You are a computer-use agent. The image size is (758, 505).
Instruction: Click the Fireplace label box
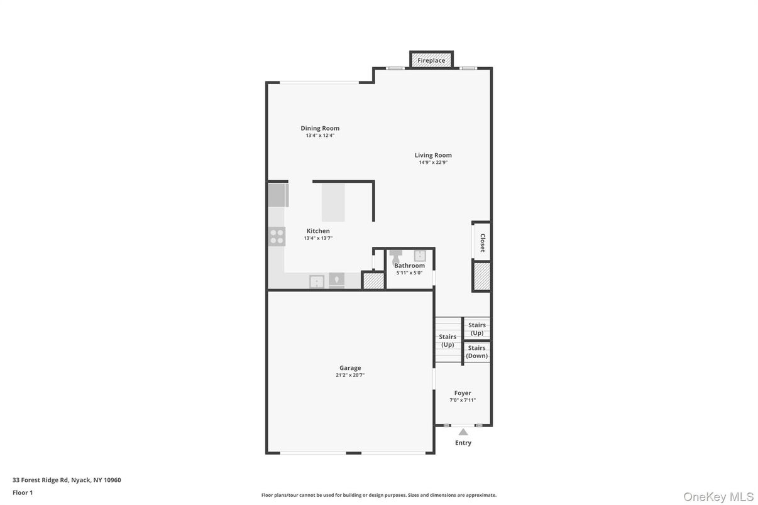pyautogui.click(x=431, y=60)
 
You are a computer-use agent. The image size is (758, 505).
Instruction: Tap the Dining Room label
pyautogui.click(x=320, y=128)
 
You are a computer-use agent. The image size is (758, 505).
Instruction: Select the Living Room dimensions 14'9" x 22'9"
pyautogui.click(x=433, y=163)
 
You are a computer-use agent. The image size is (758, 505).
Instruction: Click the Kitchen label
pyautogui.click(x=318, y=231)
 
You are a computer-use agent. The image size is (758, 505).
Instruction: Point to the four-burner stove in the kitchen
pyautogui.click(x=277, y=237)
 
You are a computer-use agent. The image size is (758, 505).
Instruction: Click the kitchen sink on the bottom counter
pyautogui.click(x=317, y=281)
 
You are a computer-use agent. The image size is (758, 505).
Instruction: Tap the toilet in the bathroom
pyautogui.click(x=396, y=256)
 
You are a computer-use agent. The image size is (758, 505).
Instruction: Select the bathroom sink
pyautogui.click(x=419, y=255)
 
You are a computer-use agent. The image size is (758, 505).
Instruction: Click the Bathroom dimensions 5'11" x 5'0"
pyautogui.click(x=409, y=273)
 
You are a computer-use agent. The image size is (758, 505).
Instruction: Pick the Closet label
pyautogui.click(x=482, y=242)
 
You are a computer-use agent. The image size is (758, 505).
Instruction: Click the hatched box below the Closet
pyautogui.click(x=482, y=276)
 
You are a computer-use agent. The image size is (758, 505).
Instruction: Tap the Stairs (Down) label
pyautogui.click(x=476, y=352)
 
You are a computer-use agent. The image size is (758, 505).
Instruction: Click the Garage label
pyautogui.click(x=350, y=368)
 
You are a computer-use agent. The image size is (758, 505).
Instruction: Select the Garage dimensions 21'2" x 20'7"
pyautogui.click(x=350, y=376)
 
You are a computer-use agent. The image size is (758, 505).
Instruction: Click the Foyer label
pyautogui.click(x=463, y=393)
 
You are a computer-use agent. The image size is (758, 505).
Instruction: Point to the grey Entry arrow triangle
pyautogui.click(x=463, y=432)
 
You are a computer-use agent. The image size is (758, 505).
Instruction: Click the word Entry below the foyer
pyautogui.click(x=463, y=443)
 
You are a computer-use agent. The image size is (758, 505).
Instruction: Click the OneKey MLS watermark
pyautogui.click(x=718, y=497)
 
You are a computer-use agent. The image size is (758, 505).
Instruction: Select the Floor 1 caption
pyautogui.click(x=23, y=492)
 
